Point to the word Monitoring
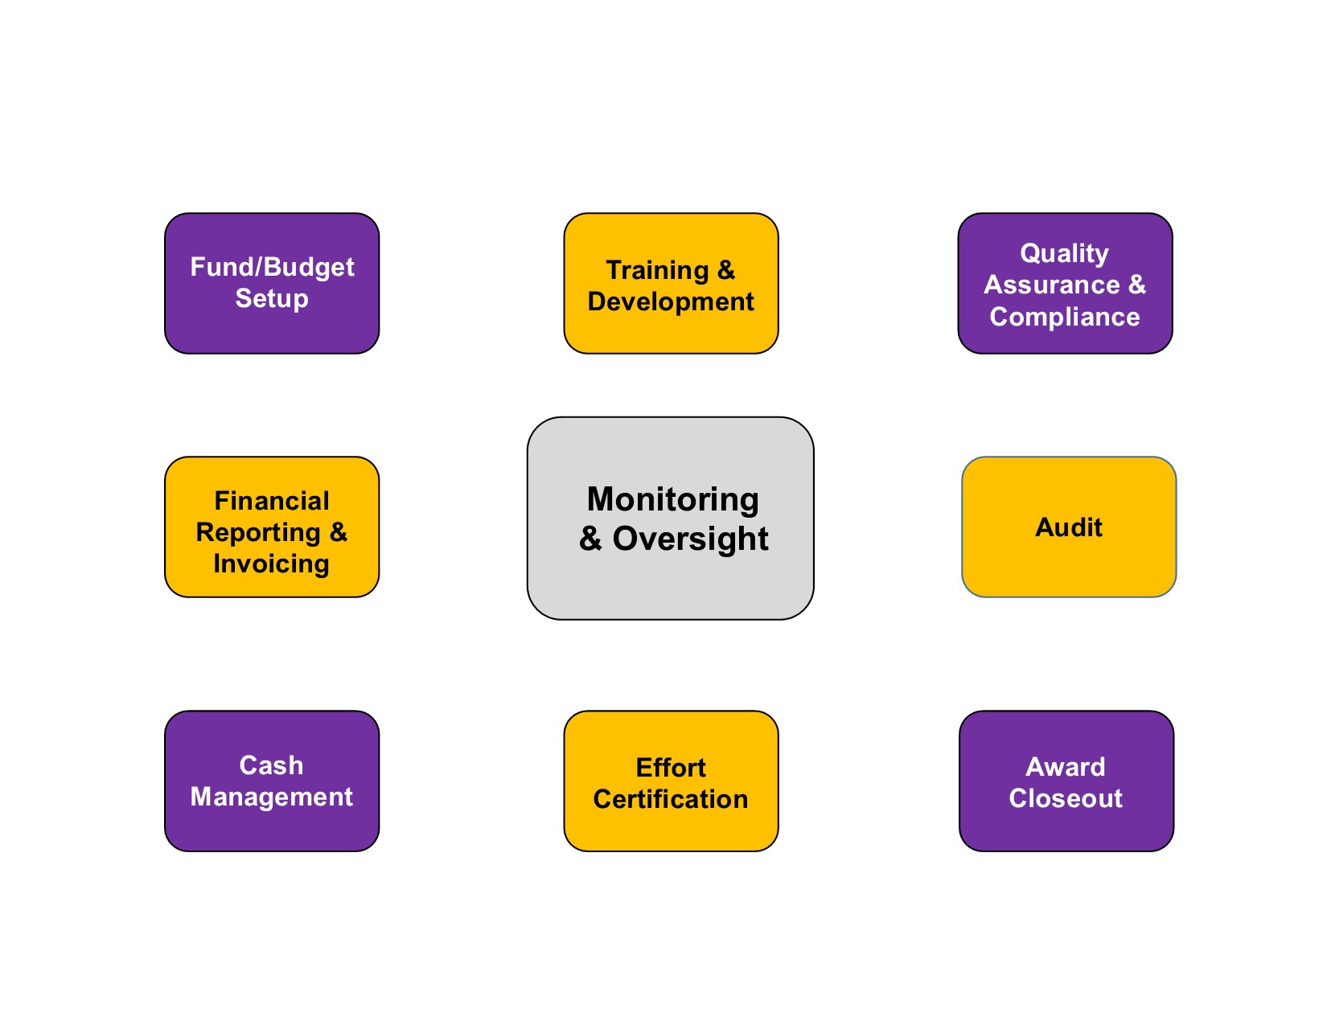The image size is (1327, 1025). click(672, 499)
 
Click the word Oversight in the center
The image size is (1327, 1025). click(690, 539)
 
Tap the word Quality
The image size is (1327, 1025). click(1064, 253)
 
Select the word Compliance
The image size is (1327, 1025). click(1064, 317)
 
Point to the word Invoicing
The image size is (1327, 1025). click(271, 564)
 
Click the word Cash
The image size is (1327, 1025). click(271, 765)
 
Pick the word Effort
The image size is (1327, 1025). click(671, 768)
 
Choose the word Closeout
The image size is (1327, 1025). click(1066, 798)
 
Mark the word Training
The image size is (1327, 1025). click(657, 270)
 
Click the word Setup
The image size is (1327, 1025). click(272, 298)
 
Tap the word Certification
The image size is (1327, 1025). click(671, 799)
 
